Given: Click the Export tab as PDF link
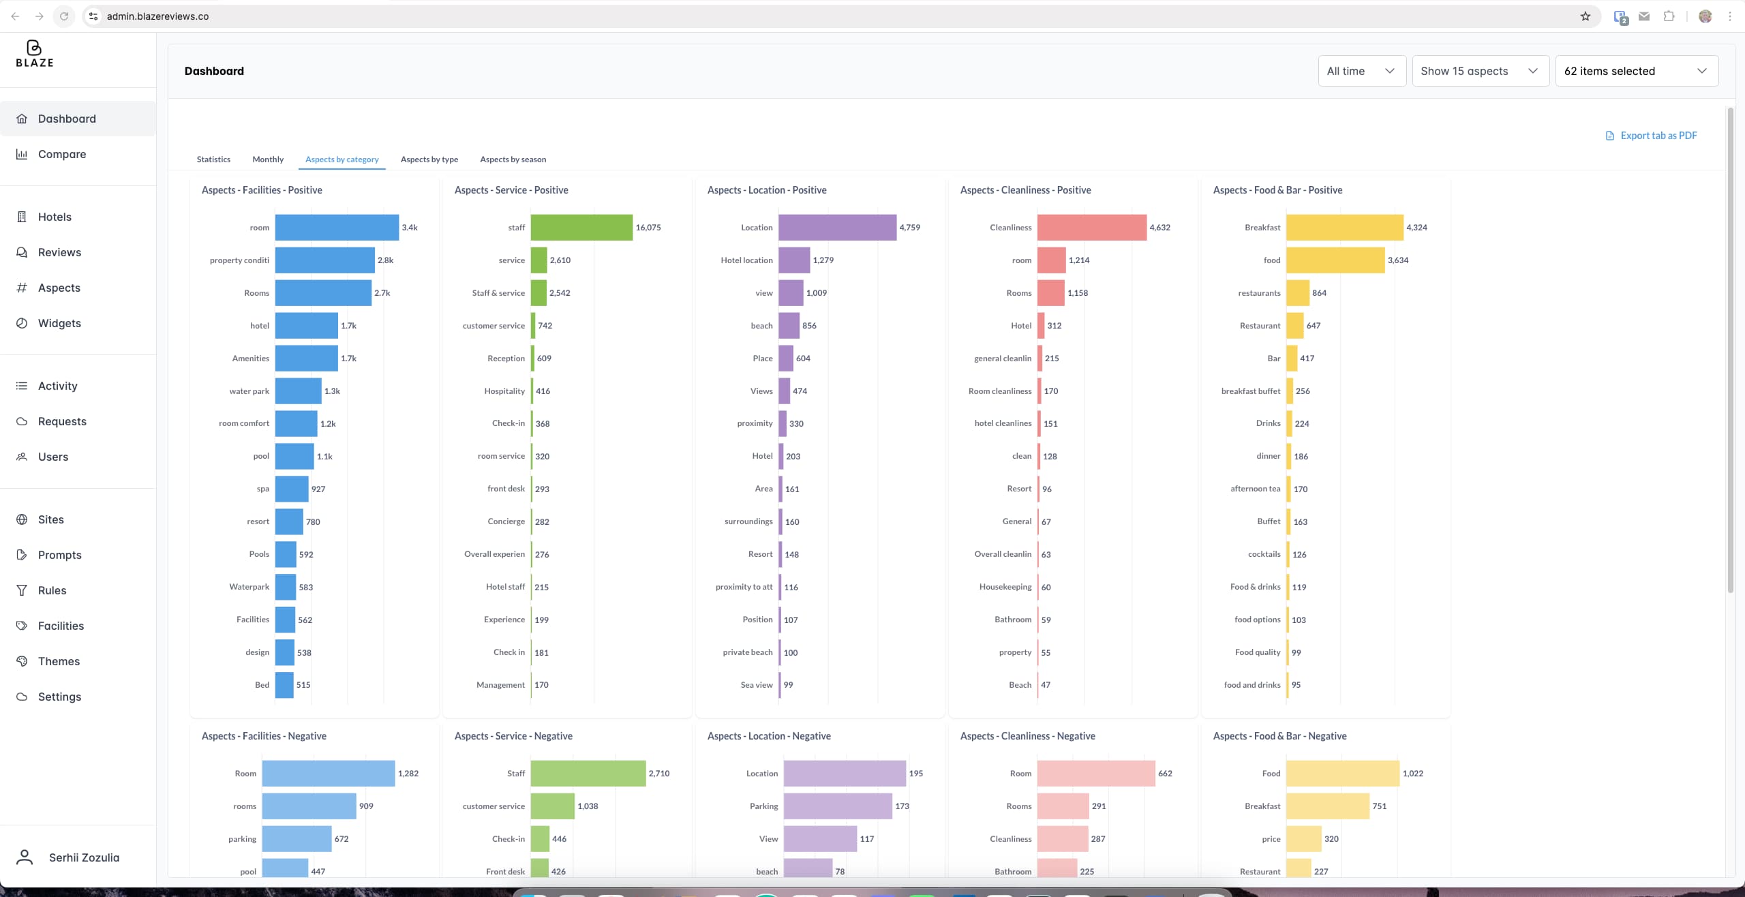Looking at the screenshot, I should (x=1658, y=136).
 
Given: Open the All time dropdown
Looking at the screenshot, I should (x=1361, y=71).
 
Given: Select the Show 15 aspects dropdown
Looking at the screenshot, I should (x=1480, y=71).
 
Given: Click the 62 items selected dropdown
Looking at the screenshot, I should (x=1636, y=71).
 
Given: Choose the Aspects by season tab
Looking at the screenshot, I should (x=513, y=159).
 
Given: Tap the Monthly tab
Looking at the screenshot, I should (x=268, y=159).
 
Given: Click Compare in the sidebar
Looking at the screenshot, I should (x=62, y=154).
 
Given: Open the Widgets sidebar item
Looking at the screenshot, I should (x=59, y=323).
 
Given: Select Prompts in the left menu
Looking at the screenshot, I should (x=59, y=555).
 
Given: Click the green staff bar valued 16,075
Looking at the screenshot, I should (x=581, y=228).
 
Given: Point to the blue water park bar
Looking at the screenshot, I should (x=298, y=391).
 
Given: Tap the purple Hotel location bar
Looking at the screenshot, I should (x=794, y=260).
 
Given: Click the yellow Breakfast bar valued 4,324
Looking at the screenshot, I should (x=1344, y=228).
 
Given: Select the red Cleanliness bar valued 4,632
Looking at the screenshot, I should (x=1091, y=228).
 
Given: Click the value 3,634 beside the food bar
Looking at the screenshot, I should (x=1398, y=260).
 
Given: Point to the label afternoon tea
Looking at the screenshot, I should (x=1255, y=489).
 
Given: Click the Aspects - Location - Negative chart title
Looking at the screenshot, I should (x=769, y=736).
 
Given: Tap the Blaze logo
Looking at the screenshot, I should (x=34, y=54).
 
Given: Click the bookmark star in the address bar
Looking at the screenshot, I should (x=1585, y=16).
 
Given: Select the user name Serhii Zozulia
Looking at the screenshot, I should (x=84, y=857).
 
